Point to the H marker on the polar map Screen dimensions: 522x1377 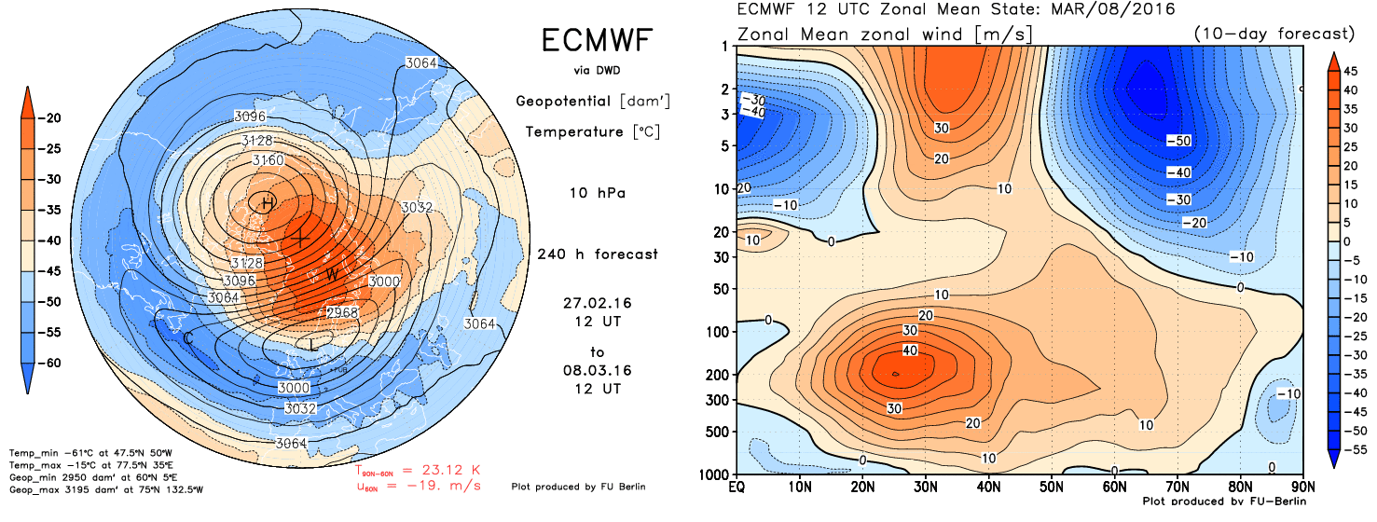point(268,203)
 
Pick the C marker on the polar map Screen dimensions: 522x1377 point(188,339)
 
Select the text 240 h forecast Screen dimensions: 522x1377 point(597,254)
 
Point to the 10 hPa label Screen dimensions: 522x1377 point(597,193)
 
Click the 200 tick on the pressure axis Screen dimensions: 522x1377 point(720,375)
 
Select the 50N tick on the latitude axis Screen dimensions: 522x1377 point(1052,488)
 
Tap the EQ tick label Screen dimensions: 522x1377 point(737,488)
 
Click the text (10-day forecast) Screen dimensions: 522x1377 point(1273,34)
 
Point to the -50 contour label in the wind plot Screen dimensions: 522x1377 point(1177,141)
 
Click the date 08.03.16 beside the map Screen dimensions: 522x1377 point(597,370)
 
